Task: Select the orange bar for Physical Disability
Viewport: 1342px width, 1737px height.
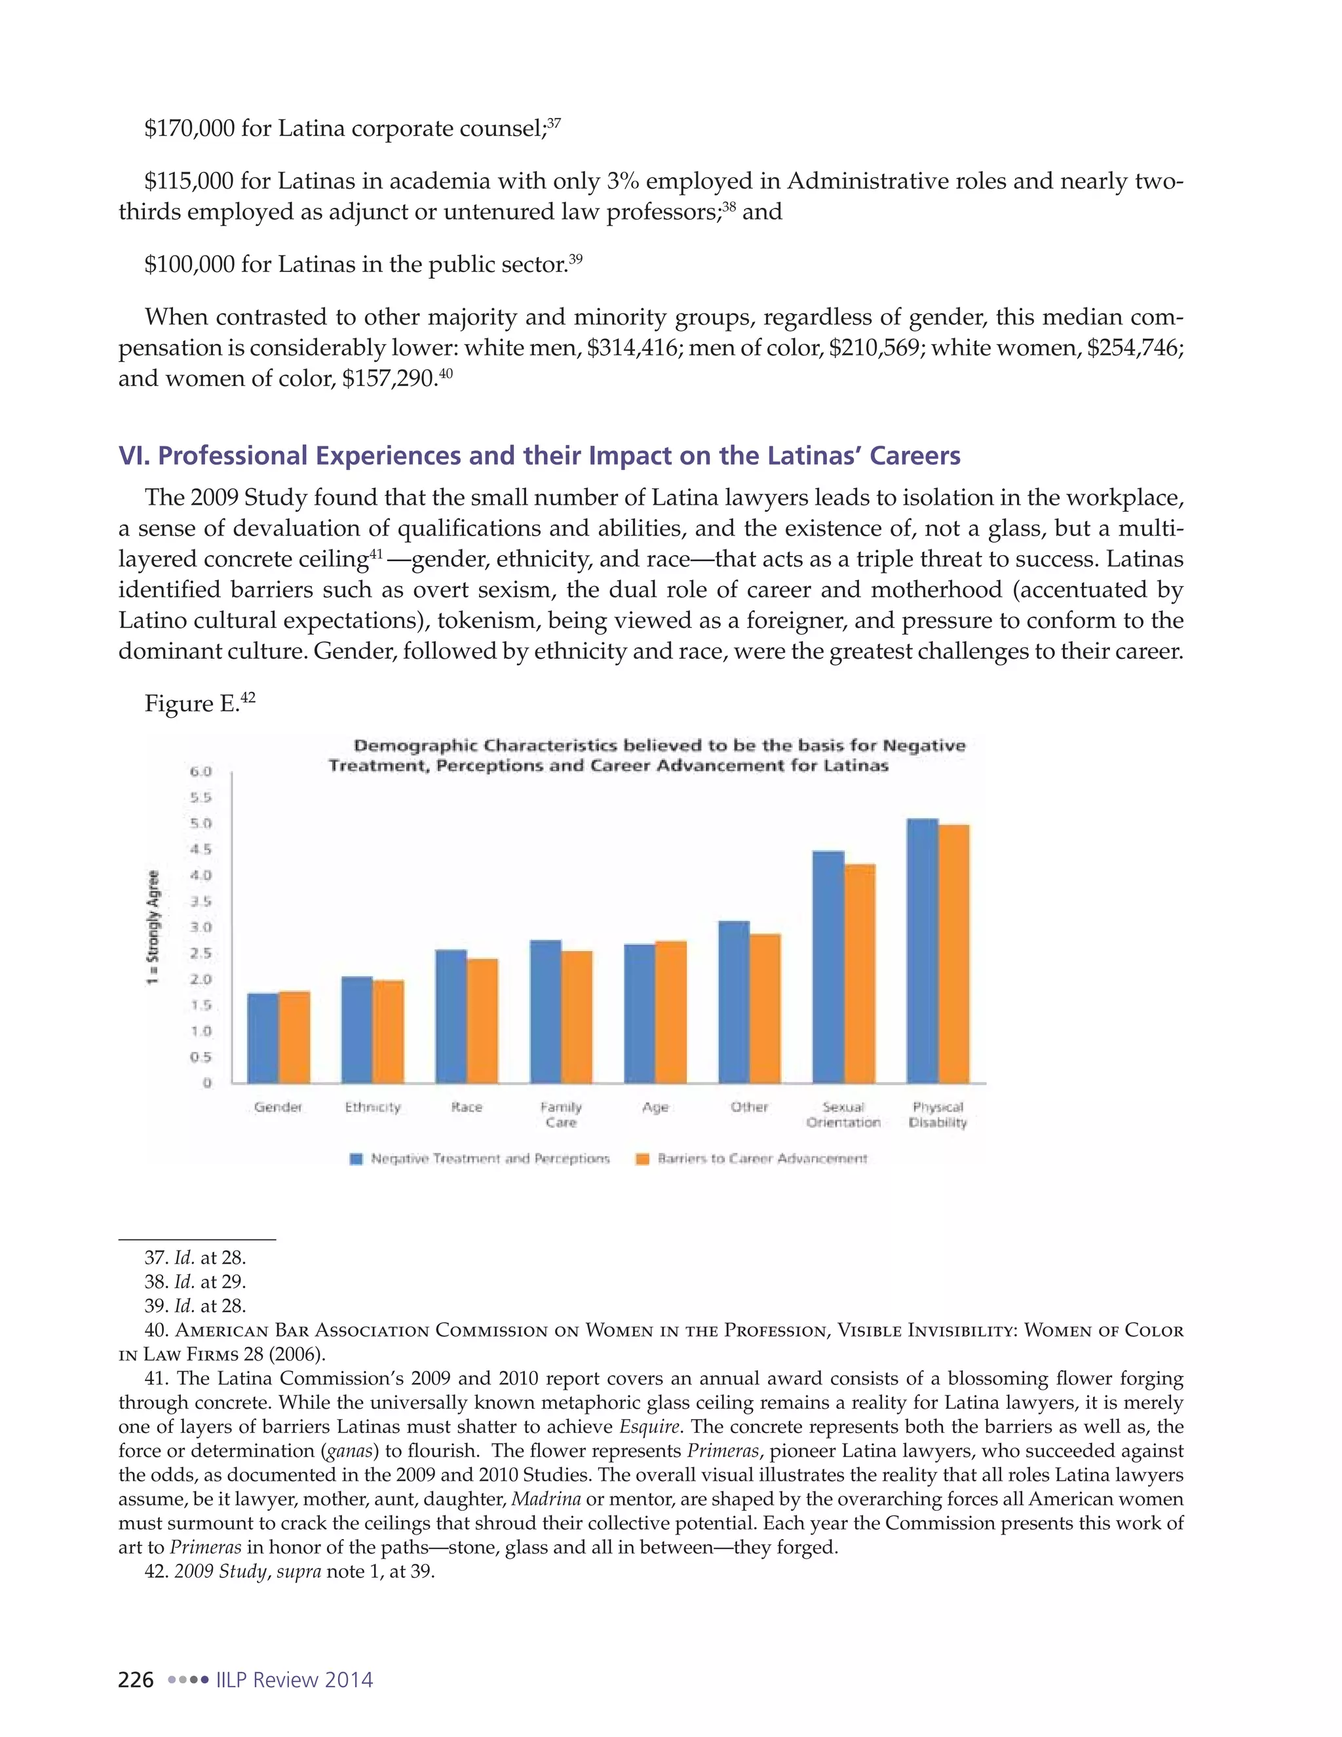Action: pos(953,954)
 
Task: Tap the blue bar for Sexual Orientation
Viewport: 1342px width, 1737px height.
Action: pos(828,967)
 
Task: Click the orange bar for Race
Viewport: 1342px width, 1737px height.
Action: pos(482,1021)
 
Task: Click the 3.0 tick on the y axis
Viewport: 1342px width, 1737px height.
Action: pos(201,927)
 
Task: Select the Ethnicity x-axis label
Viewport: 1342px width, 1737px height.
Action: pos(373,1107)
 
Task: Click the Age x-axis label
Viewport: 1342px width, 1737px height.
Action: pos(655,1107)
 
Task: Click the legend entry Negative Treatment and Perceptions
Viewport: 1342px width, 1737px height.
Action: pos(480,1159)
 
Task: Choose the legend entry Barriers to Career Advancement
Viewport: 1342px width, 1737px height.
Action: pos(752,1159)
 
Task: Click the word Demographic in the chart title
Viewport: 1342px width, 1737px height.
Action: pos(416,746)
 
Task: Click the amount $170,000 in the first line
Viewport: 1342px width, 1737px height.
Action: pos(189,129)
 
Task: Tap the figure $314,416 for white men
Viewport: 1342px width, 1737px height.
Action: pos(632,348)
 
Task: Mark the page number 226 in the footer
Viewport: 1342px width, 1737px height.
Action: pos(136,1680)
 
